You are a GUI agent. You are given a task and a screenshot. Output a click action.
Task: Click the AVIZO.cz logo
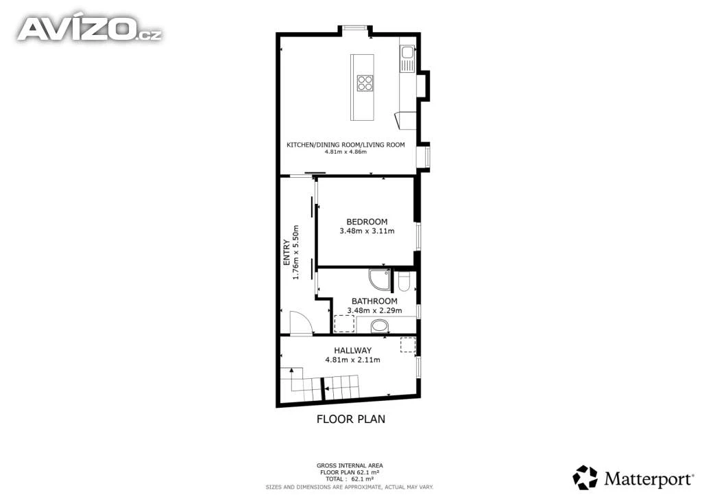90,29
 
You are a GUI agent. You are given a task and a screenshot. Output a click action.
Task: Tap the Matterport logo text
648,479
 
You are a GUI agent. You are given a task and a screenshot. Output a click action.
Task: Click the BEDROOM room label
367,222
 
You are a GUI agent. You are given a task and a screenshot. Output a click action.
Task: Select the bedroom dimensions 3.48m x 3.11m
367,231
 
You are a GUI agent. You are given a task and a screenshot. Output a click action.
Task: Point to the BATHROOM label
374,301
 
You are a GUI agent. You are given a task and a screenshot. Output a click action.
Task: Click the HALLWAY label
353,351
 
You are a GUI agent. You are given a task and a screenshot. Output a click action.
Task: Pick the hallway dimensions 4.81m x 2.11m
353,360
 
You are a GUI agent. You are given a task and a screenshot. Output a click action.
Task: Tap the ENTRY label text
287,253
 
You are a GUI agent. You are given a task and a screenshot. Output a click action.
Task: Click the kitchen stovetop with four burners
365,83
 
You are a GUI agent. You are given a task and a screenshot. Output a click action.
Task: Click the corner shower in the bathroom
380,279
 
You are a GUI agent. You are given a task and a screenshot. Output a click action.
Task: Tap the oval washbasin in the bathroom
380,326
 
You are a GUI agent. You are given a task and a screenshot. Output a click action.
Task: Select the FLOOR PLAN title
351,419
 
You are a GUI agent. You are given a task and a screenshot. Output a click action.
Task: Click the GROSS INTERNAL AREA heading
350,466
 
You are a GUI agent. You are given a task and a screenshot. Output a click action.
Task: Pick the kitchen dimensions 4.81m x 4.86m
346,152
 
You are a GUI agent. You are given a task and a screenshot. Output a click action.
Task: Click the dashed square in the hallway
408,345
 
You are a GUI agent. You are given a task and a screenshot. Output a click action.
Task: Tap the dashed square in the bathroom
344,323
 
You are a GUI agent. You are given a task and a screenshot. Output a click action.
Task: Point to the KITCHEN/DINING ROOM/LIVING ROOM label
346,145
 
